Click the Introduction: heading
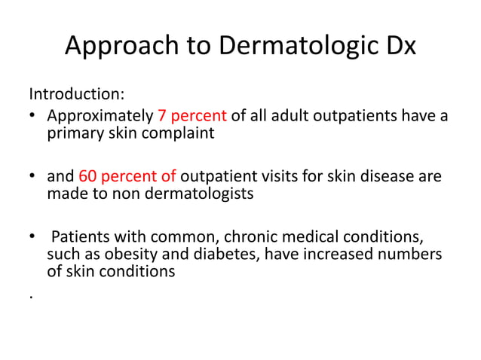click(x=77, y=96)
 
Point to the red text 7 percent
click(x=191, y=117)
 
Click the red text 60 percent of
click(x=127, y=178)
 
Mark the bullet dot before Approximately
click(x=33, y=117)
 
